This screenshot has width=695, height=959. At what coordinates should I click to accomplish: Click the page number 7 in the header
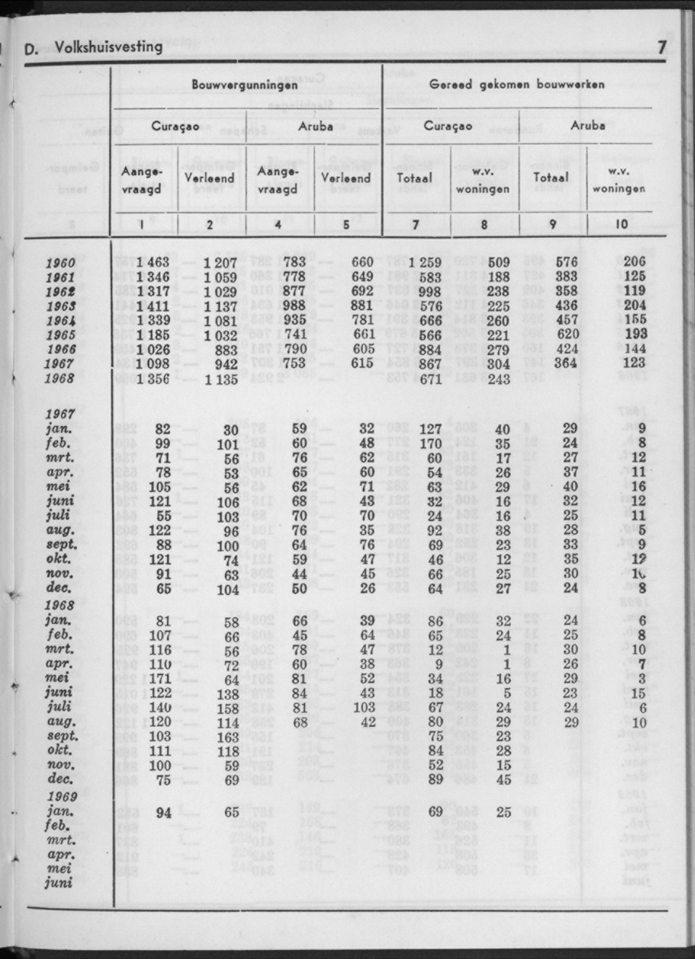tap(661, 47)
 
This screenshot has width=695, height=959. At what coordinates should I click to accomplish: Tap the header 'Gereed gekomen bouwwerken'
tap(518, 84)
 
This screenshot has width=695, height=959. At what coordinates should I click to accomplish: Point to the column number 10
tap(622, 223)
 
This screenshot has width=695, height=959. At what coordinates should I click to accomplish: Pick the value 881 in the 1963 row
tap(361, 306)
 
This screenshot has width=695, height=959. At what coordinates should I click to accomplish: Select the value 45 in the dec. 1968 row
tap(504, 779)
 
